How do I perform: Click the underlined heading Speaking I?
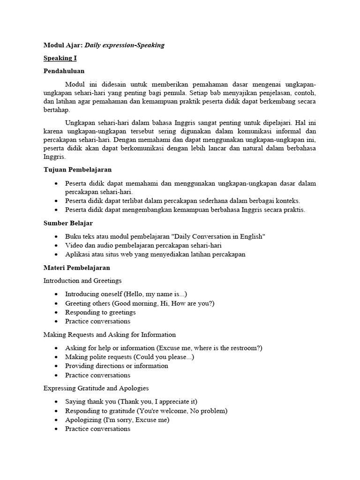[x=60, y=59]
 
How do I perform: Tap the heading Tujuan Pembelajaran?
[x=77, y=169]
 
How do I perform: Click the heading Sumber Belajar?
[x=68, y=223]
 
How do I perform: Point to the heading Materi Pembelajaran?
[x=76, y=268]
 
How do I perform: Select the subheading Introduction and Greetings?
[x=82, y=281]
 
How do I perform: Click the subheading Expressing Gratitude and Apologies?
[x=96, y=388]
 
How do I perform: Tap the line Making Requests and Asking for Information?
[x=110, y=335]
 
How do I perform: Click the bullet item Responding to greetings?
[x=100, y=312]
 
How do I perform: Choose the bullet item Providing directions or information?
[x=116, y=366]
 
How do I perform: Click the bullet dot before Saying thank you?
[x=56, y=402]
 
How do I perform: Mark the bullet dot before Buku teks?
[x=56, y=237]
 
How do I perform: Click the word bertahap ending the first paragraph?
[x=56, y=110]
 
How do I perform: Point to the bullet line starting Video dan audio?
[x=143, y=246]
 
